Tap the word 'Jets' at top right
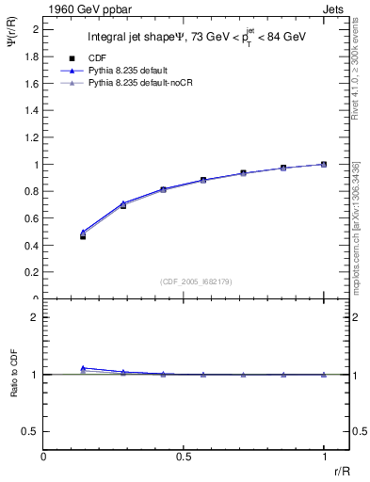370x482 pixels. pyautogui.click(x=334, y=8)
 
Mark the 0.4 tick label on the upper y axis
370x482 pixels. pyautogui.click(x=31, y=246)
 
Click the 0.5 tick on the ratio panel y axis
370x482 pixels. pyautogui.click(x=31, y=430)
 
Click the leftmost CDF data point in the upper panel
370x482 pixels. pyautogui.click(x=83, y=236)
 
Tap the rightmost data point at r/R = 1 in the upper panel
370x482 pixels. pyautogui.click(x=324, y=164)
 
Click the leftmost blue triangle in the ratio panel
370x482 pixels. pyautogui.click(x=83, y=368)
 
